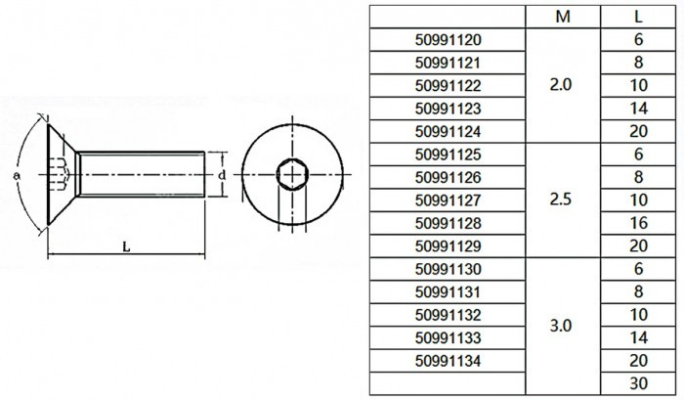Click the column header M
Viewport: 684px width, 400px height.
(x=563, y=17)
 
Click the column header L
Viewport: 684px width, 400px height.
(x=638, y=17)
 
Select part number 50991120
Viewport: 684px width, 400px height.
(x=448, y=40)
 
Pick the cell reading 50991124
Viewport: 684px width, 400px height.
(x=448, y=131)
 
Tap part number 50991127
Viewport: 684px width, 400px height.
(x=448, y=200)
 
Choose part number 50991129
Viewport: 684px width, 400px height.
(x=448, y=246)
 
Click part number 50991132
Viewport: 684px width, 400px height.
(x=448, y=315)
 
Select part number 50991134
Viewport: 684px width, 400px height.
(x=448, y=361)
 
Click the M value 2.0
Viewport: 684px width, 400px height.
(x=561, y=85)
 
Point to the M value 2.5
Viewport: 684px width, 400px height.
(x=561, y=200)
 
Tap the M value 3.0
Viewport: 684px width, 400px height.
(x=561, y=326)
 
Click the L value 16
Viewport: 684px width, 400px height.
(x=638, y=223)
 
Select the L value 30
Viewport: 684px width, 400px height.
(x=638, y=383)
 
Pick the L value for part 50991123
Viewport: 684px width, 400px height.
(x=638, y=109)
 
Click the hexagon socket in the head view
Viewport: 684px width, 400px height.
(x=292, y=175)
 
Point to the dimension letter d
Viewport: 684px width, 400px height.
(x=222, y=175)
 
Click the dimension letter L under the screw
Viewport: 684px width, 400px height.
(x=126, y=247)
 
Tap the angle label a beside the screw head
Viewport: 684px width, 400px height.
(x=17, y=175)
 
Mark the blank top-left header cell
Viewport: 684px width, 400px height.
(x=448, y=17)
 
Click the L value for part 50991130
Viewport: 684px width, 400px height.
(x=638, y=269)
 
